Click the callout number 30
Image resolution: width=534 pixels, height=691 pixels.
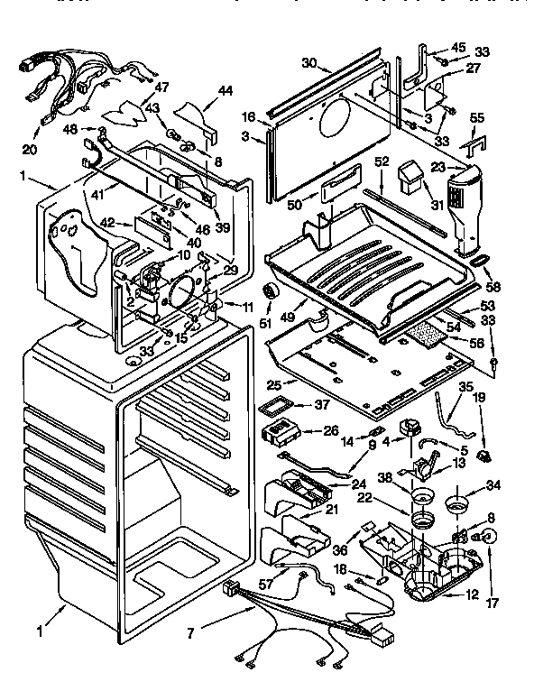coord(309,63)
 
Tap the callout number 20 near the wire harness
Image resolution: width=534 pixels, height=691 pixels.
coord(31,149)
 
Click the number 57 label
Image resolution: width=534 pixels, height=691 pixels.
coord(265,585)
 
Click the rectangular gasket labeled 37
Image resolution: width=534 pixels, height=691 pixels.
coord(281,406)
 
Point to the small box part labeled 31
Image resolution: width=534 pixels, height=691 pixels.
coord(414,176)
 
